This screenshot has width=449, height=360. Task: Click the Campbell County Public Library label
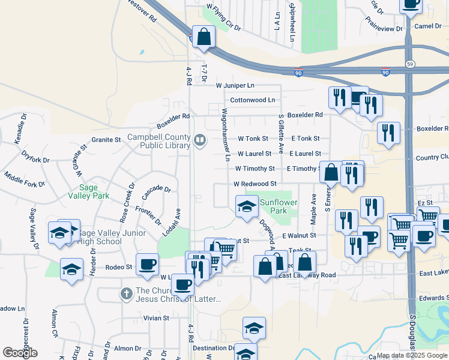(x=158, y=140)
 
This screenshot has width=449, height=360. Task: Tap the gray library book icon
(x=200, y=140)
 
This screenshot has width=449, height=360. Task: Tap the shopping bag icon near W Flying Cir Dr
(x=204, y=37)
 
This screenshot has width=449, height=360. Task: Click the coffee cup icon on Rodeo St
(x=148, y=264)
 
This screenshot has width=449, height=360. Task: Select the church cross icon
(x=125, y=293)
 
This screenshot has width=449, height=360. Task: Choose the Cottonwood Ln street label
(x=252, y=100)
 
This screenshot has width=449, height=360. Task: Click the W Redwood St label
(x=255, y=184)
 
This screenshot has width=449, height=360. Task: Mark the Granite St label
(x=106, y=140)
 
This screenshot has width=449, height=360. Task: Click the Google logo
(x=20, y=352)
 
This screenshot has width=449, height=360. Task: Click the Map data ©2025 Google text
(x=412, y=355)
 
